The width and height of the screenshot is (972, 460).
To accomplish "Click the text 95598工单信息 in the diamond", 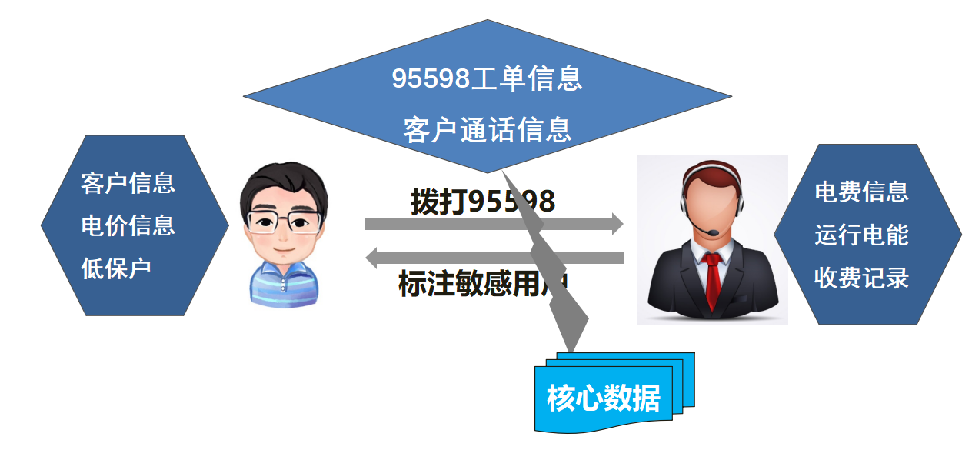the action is pos(487,78).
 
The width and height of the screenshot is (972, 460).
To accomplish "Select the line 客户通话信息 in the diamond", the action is pos(487,129).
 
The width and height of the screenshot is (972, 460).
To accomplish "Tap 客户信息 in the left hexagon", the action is pos(128,183).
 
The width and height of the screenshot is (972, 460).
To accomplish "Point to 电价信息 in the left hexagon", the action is pos(128,225).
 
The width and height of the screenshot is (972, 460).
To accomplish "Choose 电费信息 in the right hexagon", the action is pos(861,191).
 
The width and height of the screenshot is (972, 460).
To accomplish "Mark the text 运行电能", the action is pos(861,235).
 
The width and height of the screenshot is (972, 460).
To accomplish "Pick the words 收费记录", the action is pos(861,278).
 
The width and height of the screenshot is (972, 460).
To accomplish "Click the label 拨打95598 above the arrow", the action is pos(482,202).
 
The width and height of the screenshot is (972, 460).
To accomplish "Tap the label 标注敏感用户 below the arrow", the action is pos(482,283).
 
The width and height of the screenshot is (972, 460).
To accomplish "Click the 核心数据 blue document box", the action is pos(604,398).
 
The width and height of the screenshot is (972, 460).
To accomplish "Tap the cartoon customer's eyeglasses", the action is pos(284,222).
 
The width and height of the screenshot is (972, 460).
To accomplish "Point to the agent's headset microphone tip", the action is pos(713,232).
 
